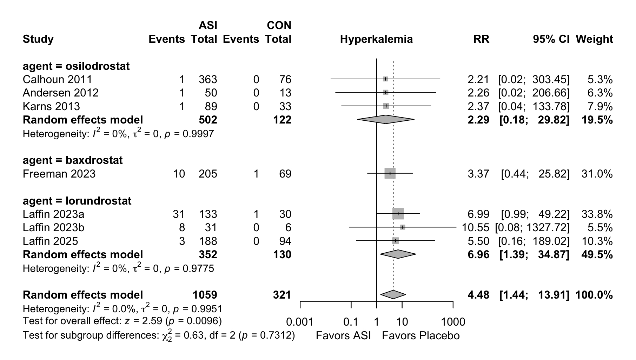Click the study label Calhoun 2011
click(x=57, y=80)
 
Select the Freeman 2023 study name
click(x=59, y=174)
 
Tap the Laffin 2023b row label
click(x=53, y=228)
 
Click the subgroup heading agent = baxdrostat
click(x=73, y=160)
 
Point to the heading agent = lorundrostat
click(x=77, y=201)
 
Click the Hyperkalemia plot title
click(x=376, y=39)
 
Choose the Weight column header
click(x=594, y=39)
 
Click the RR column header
click(x=481, y=39)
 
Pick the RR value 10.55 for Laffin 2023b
click(x=475, y=228)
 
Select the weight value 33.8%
click(x=597, y=214)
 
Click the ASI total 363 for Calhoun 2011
click(x=208, y=80)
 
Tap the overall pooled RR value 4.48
click(x=478, y=295)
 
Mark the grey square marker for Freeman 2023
click(x=390, y=173)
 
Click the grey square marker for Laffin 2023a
click(x=398, y=214)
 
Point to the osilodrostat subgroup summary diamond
click(x=386, y=119)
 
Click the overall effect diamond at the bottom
click(x=393, y=295)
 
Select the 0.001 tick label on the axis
click(x=300, y=322)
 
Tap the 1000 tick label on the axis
click(x=453, y=322)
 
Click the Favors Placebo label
click(x=420, y=336)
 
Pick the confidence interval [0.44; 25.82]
click(x=535, y=174)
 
